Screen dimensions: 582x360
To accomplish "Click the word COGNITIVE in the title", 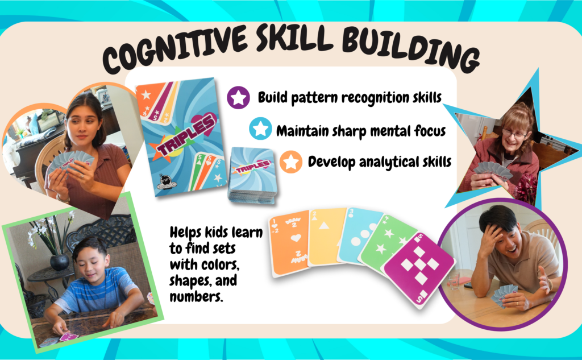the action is click(175, 48).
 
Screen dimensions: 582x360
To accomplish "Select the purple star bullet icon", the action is click(238, 97).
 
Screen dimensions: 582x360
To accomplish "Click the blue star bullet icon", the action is click(260, 129).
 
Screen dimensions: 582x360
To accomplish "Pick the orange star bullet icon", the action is click(290, 162).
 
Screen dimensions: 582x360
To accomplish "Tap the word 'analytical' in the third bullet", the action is click(389, 162).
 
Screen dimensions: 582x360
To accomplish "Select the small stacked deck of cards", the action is click(252, 175).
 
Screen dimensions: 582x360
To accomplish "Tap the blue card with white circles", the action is click(359, 235).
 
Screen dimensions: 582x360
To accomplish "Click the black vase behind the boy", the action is click(59, 262).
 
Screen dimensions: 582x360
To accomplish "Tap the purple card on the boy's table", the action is click(69, 337).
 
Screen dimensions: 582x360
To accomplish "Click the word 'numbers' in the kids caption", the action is click(196, 296).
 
